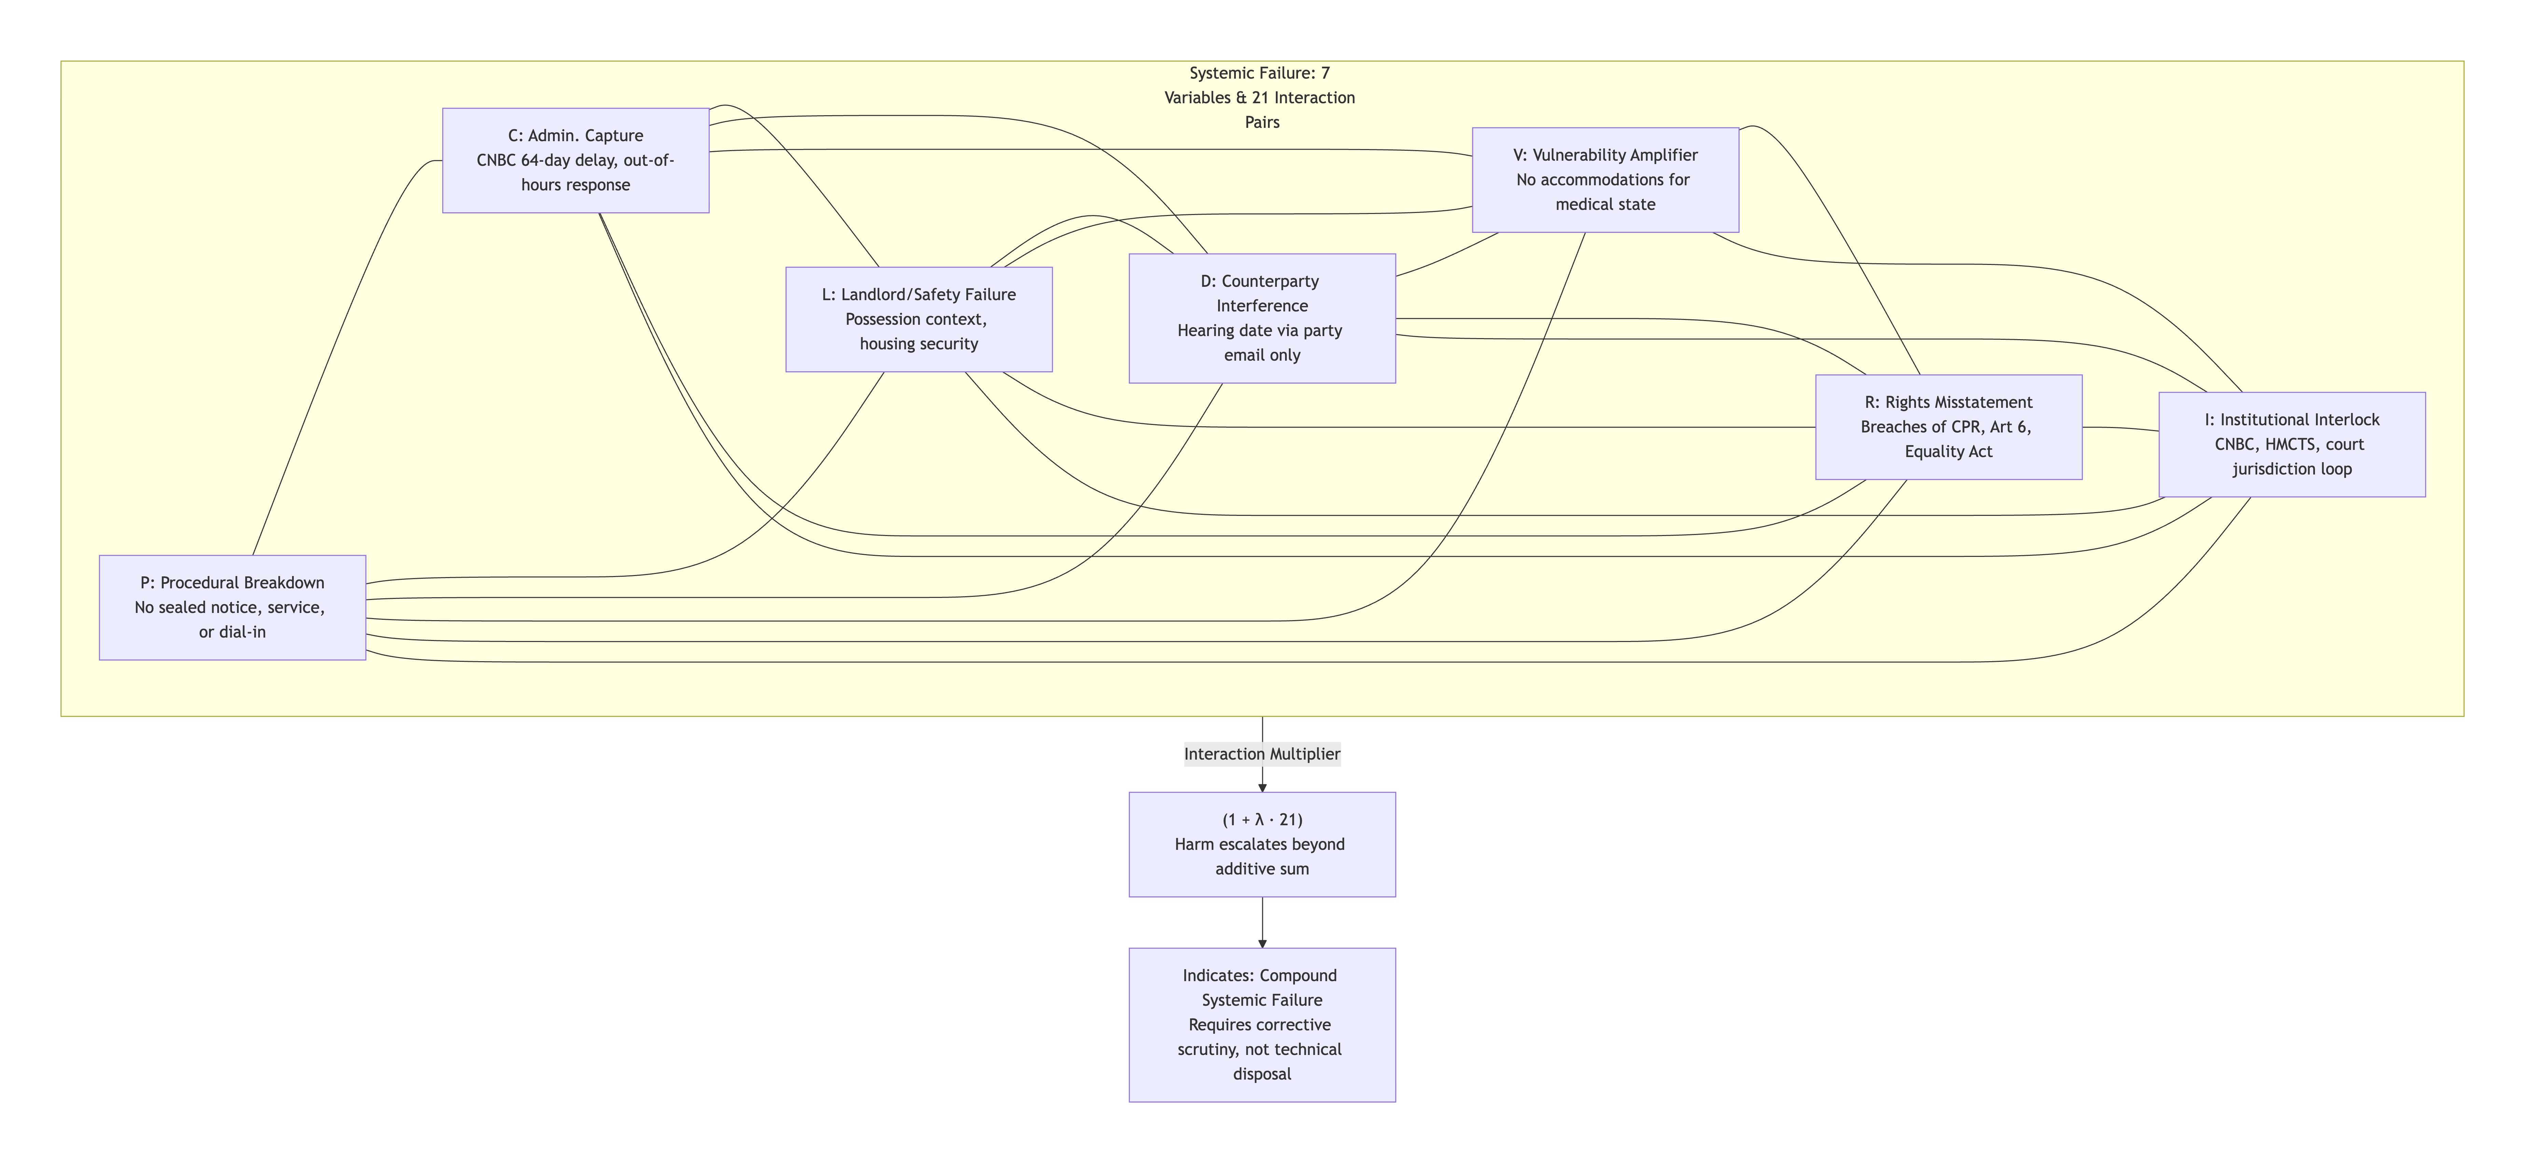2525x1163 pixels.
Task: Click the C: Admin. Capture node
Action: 575,160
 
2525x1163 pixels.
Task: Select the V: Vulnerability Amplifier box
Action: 1604,179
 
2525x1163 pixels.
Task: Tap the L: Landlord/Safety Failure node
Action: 919,319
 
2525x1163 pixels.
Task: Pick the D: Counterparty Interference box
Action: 1261,318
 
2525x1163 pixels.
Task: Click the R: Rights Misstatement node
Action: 1948,427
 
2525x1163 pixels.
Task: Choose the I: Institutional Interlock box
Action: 2291,444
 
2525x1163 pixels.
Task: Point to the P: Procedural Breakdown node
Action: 232,607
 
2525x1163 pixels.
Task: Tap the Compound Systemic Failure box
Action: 1261,1024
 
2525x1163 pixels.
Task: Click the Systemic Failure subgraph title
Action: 1259,97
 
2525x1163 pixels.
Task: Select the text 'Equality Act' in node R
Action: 1948,451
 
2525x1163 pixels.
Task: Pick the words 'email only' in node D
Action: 1261,355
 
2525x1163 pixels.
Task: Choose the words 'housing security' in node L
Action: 919,343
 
